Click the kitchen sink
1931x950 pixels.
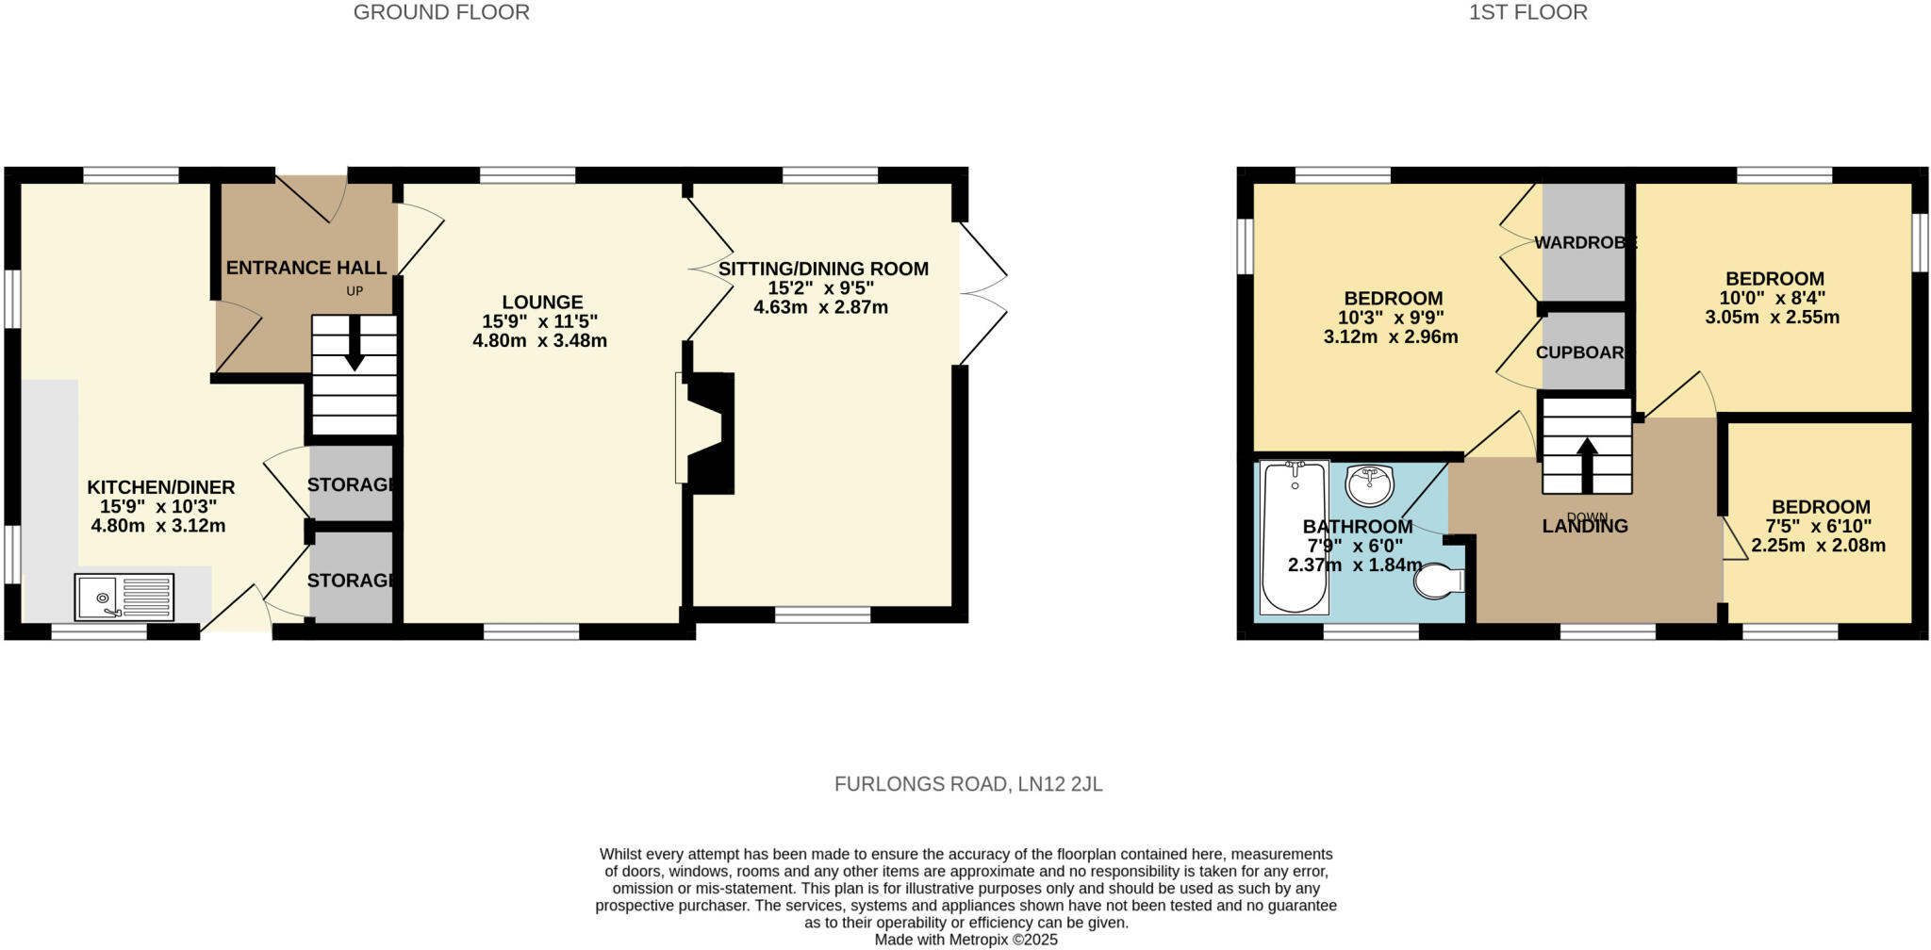click(124, 598)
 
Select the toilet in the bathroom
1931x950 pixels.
click(1437, 581)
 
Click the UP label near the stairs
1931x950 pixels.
click(355, 291)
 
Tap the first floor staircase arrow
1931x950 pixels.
click(1587, 463)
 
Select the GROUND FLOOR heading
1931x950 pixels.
click(441, 12)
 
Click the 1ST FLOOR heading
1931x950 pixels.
click(1527, 12)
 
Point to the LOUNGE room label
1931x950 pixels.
click(542, 303)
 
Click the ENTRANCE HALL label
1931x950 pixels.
click(305, 268)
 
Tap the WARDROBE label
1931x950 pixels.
click(1585, 242)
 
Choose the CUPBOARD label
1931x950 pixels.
click(1580, 352)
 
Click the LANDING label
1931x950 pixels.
click(1585, 527)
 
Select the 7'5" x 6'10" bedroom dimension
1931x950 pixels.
click(1818, 526)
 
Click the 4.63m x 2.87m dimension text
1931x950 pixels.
click(820, 307)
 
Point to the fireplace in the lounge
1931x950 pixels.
click(707, 433)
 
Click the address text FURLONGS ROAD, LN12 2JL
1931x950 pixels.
click(967, 784)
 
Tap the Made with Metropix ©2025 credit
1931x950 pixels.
click(965, 940)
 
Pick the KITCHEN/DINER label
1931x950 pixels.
click(160, 487)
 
